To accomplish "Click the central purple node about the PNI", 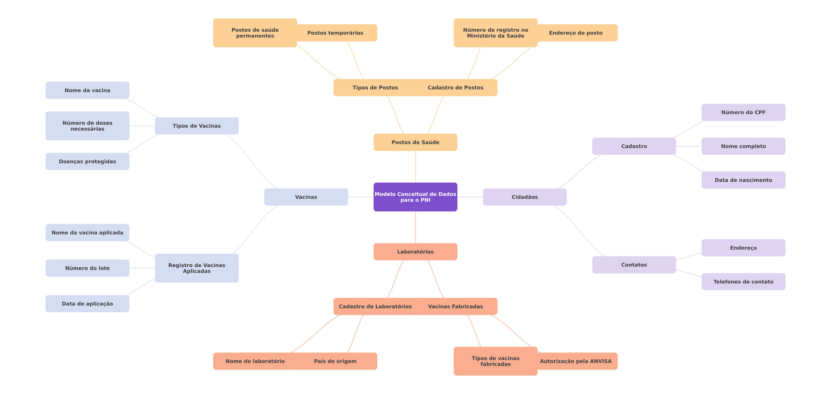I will click(x=415, y=197).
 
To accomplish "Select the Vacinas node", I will click(x=306, y=197).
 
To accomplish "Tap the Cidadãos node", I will click(x=525, y=197).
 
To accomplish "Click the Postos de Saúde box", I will click(x=415, y=142).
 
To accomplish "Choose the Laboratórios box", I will click(x=415, y=252).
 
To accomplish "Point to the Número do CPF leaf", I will click(x=744, y=112).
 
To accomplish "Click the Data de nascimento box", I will click(x=744, y=180).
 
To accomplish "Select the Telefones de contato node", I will click(x=744, y=282).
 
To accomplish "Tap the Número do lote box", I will click(x=87, y=268).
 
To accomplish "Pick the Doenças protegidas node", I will click(x=87, y=161).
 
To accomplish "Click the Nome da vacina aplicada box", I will click(x=87, y=232).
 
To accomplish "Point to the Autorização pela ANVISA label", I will click(x=576, y=361).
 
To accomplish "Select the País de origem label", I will click(x=335, y=361).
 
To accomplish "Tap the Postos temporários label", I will click(x=335, y=33).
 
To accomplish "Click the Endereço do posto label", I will click(x=576, y=33).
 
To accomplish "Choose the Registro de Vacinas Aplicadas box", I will click(x=197, y=268).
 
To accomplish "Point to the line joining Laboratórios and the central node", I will click(x=415, y=227).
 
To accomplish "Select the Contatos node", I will click(x=634, y=265).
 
